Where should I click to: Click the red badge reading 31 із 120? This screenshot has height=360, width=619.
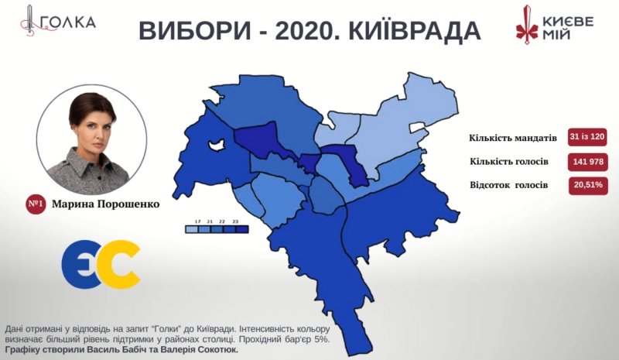pyautogui.click(x=587, y=137)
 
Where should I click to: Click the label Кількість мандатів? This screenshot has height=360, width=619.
pyautogui.click(x=512, y=138)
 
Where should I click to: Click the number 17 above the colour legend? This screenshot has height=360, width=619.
pyautogui.click(x=199, y=221)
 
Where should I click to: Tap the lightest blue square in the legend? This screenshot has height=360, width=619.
pyautogui.click(x=190, y=229)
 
